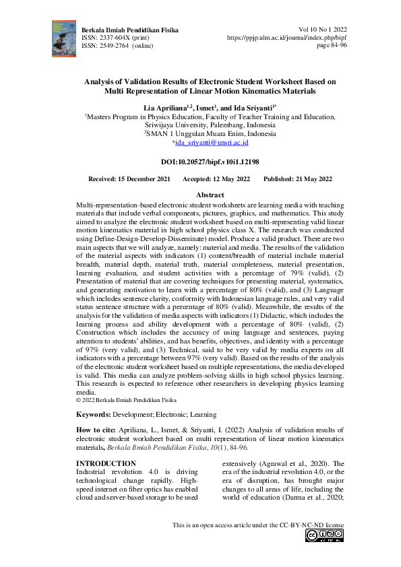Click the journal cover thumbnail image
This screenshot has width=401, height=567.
(62, 38)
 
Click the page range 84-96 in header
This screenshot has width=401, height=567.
(334, 46)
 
